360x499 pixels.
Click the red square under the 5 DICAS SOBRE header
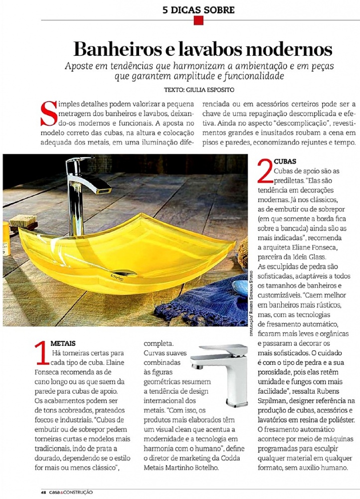click(198, 20)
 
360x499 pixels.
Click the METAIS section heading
click(63, 344)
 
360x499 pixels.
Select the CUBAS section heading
click(285, 162)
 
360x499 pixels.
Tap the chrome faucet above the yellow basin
click(82, 190)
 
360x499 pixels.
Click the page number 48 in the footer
click(44, 493)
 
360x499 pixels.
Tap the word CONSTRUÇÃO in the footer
click(78, 493)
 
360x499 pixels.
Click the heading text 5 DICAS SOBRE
click(198, 9)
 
